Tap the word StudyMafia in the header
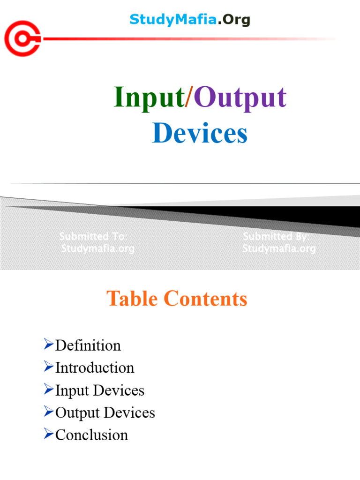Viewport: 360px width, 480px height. coord(173,20)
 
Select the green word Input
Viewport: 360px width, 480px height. coord(149,98)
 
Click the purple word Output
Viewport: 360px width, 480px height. coord(240,98)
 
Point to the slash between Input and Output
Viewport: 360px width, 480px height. coord(189,98)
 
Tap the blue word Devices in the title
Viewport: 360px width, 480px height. coord(200,133)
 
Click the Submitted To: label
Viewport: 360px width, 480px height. coord(93,237)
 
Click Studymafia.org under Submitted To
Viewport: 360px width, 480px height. coord(98,248)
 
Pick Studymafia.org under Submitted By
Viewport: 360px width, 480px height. coord(279,248)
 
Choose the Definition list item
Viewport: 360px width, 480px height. coord(88,345)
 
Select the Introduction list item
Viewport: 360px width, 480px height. coord(95,367)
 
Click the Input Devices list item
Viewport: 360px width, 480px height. coord(100,390)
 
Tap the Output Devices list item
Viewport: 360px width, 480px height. coord(105,412)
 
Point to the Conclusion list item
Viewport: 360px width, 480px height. coord(91,435)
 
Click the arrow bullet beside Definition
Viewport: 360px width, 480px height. coord(48,345)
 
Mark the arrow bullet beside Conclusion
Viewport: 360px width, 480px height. coord(48,435)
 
